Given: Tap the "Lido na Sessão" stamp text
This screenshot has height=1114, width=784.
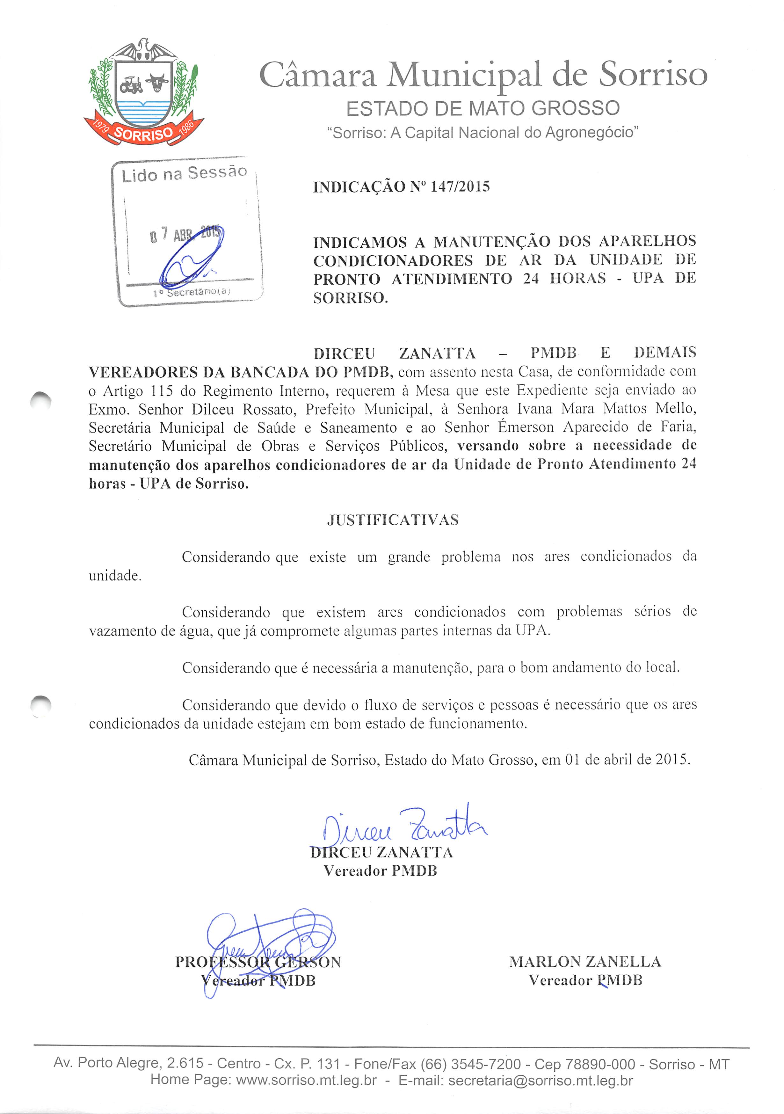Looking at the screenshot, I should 184,173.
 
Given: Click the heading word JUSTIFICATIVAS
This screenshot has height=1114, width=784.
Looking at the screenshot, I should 393,520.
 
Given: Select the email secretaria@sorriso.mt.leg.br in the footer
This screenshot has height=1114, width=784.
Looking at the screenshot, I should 541,1081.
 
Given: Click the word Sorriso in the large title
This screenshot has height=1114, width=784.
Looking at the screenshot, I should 652,75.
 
